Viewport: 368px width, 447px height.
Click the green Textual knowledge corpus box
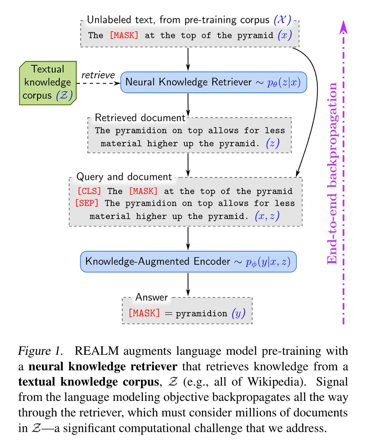coord(48,83)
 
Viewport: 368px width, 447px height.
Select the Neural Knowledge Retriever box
coord(214,82)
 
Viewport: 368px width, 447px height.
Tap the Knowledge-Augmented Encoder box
coord(188,262)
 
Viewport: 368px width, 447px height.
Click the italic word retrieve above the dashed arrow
coord(98,75)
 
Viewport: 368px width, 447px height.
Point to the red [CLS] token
coord(89,191)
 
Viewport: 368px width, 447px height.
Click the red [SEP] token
coord(87,203)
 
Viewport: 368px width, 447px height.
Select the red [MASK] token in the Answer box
coord(144,313)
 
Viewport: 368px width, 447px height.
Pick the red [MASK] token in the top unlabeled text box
coord(124,35)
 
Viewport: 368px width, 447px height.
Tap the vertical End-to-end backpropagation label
coord(332,174)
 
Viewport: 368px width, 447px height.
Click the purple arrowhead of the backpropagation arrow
coord(344,27)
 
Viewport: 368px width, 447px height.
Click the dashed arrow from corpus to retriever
coord(99,83)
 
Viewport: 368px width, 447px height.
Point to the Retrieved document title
coord(140,118)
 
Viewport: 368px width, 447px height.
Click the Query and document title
coord(124,177)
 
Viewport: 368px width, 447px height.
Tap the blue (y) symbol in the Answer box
coord(239,313)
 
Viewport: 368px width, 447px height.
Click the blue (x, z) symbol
coord(267,216)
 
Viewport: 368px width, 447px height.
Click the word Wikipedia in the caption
coord(275,382)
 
